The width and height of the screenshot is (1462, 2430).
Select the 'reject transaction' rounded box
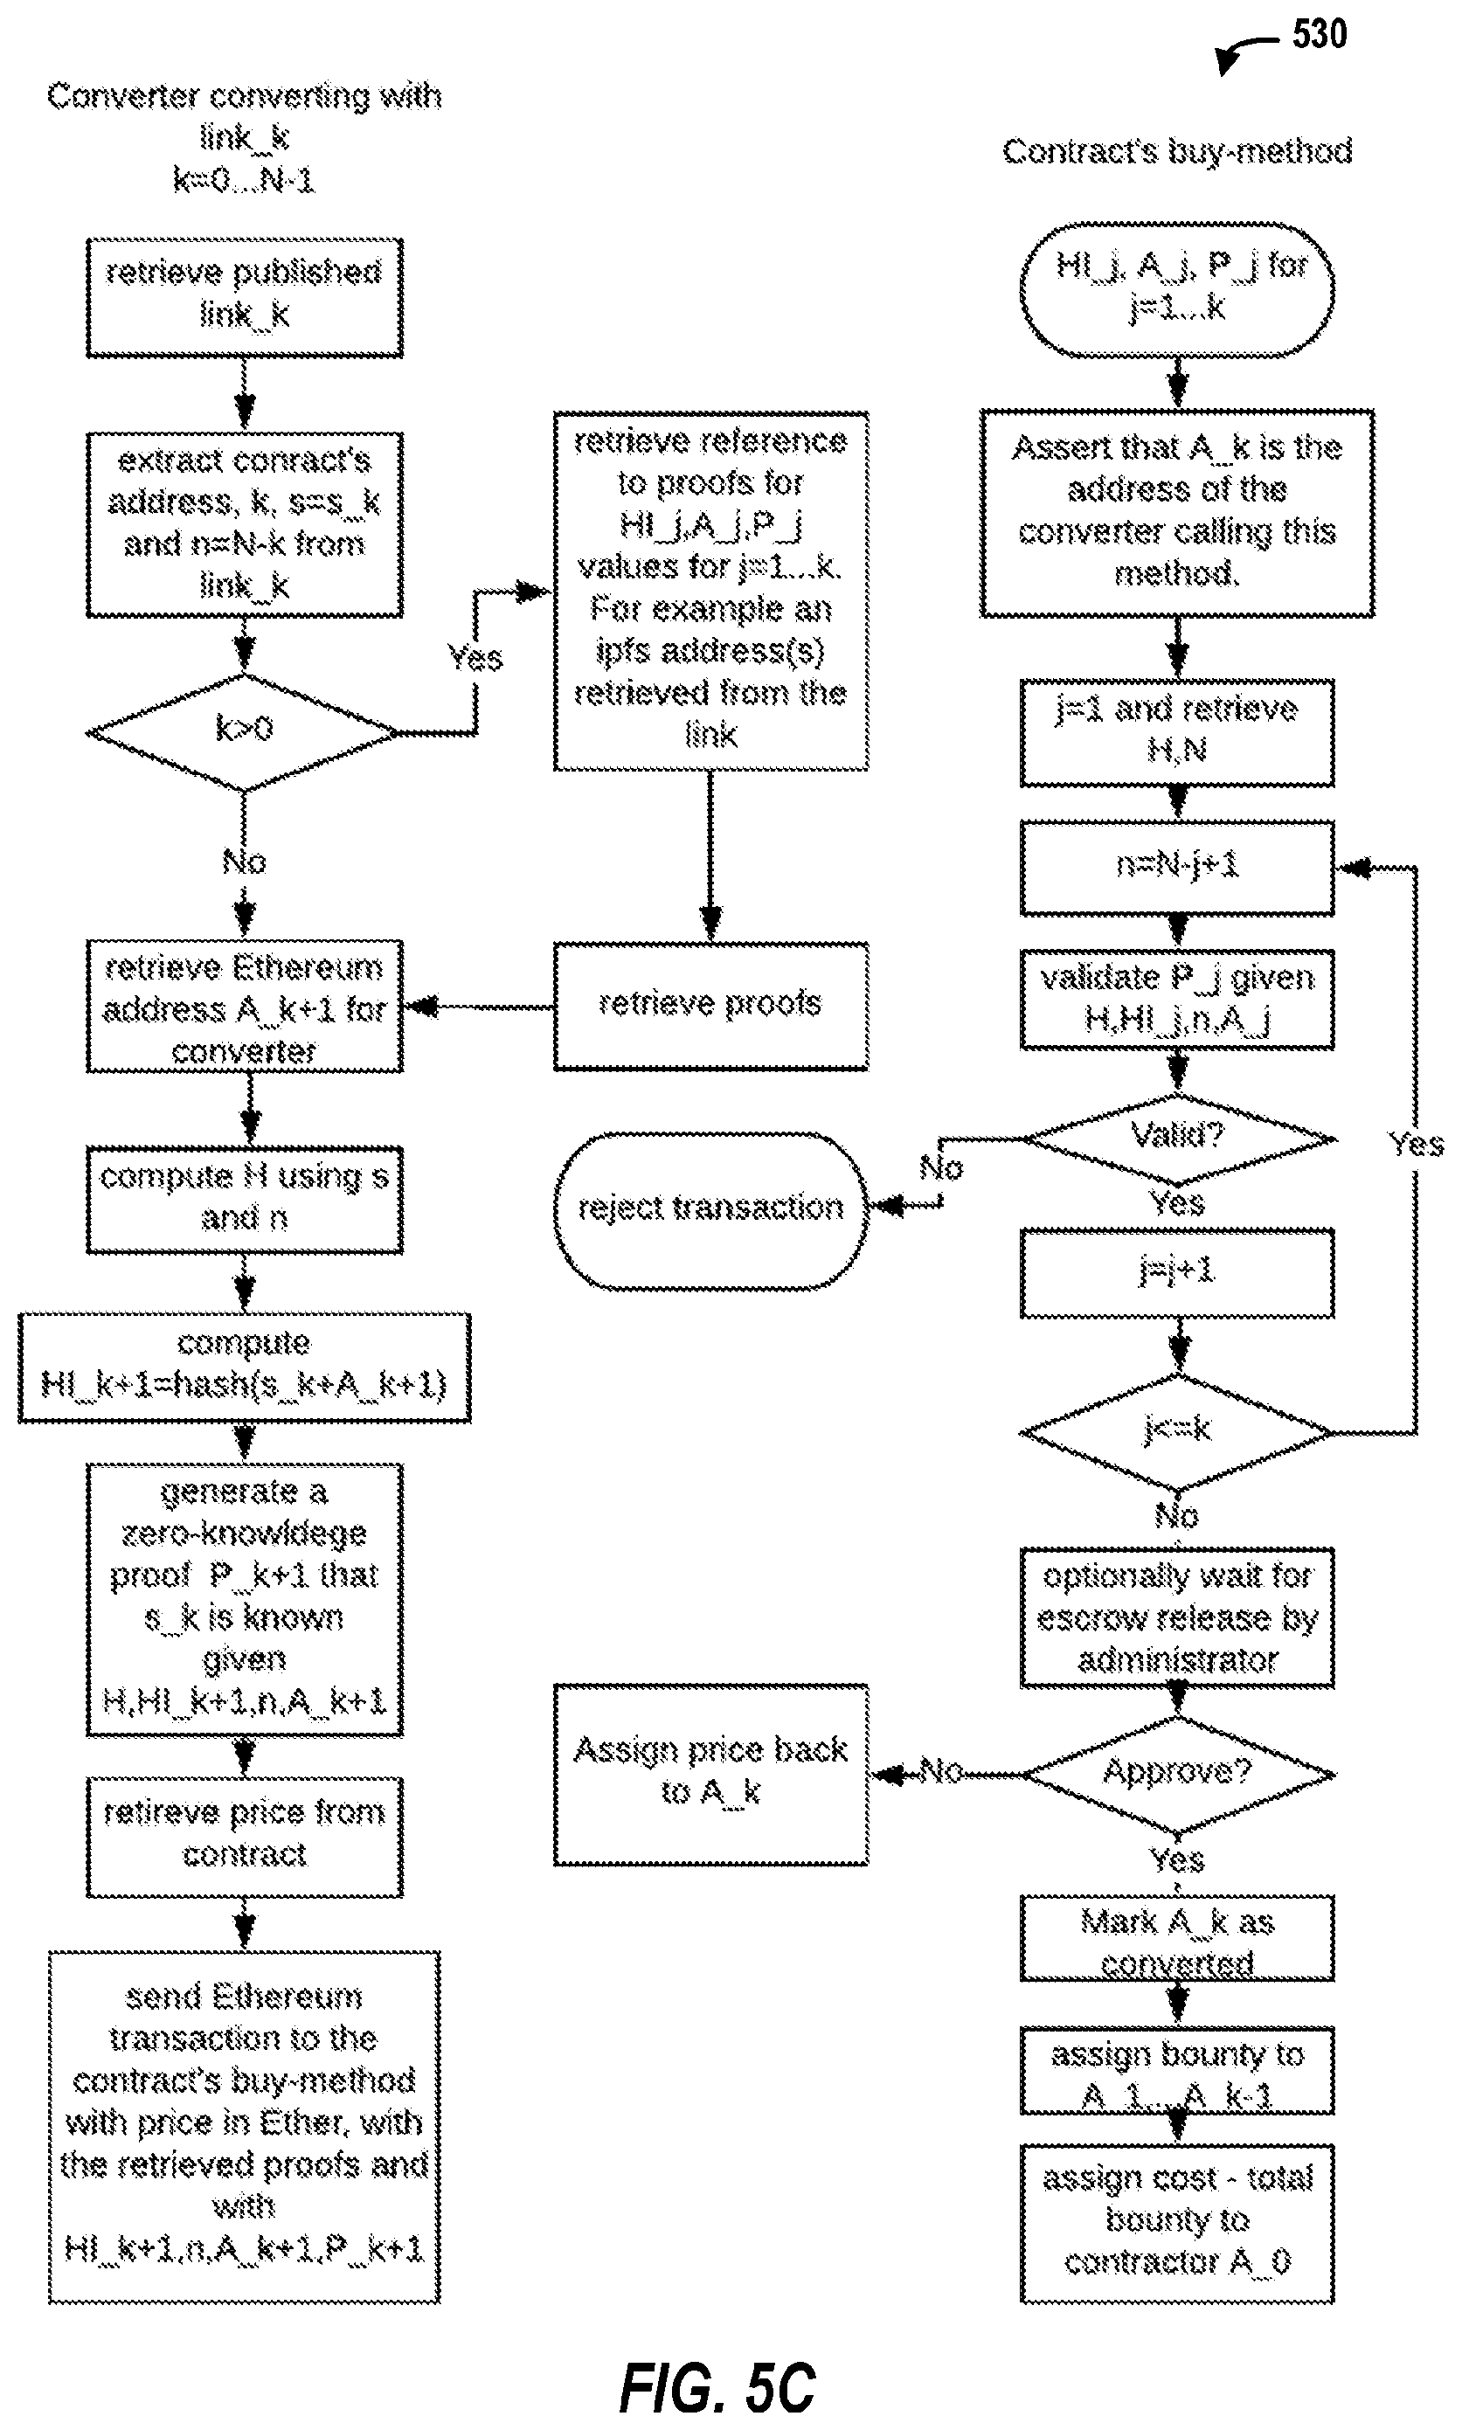pos(710,1209)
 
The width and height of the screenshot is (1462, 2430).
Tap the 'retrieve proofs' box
pos(710,1006)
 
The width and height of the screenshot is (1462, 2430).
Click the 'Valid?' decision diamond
pos(1177,1139)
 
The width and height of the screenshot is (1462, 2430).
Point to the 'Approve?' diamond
pos(1177,1774)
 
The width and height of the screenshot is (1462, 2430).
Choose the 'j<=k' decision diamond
pos(1177,1431)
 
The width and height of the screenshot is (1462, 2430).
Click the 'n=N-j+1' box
pos(1177,867)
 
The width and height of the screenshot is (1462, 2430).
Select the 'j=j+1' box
pos(1177,1272)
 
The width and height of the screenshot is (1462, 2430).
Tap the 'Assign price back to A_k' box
pos(710,1774)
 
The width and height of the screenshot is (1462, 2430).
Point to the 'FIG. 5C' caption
pos(717,2388)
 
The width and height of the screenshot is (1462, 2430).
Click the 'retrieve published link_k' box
pos(245,296)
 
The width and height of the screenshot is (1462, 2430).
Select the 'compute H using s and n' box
pos(245,1199)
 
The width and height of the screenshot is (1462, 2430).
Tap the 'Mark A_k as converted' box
pos(1177,1938)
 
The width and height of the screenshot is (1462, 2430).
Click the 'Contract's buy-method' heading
pos(1177,152)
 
